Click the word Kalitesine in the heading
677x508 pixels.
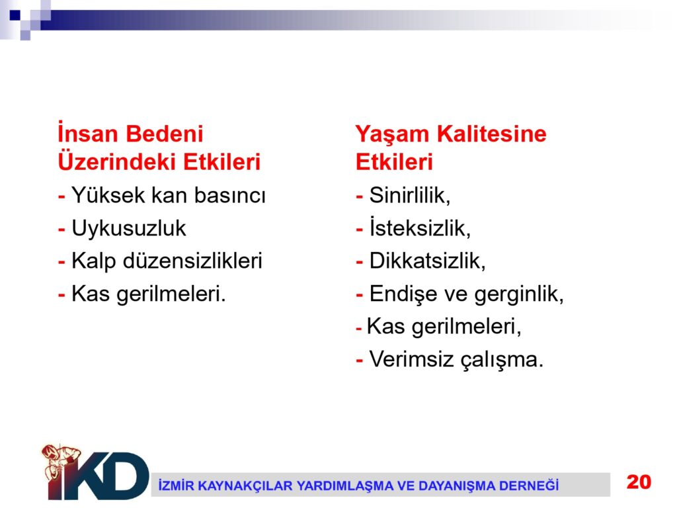pos(492,134)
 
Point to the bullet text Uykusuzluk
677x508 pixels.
pos(129,228)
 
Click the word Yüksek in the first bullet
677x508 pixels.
pos(108,194)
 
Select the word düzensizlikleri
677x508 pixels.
pos(192,261)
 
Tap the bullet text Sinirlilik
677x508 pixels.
pos(410,195)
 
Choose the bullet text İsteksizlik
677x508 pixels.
pos(420,228)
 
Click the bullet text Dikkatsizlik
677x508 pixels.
pos(428,261)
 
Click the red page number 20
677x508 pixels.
pos(639,482)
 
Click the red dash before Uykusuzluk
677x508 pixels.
pos(61,230)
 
